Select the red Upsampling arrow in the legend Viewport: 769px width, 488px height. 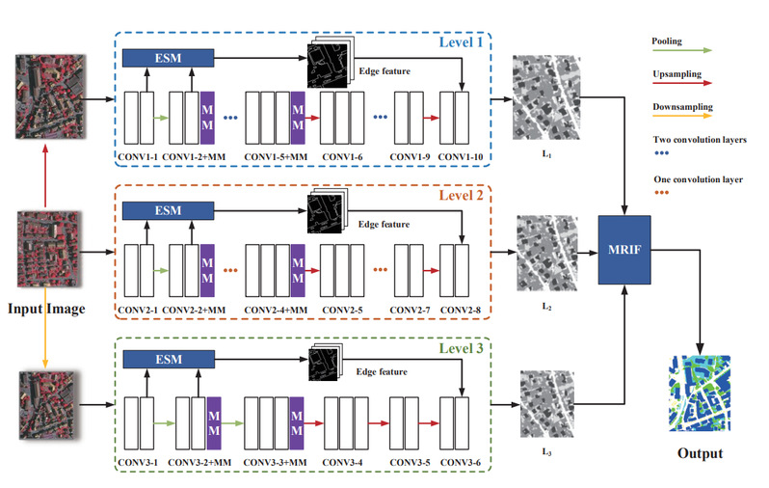pyautogui.click(x=685, y=88)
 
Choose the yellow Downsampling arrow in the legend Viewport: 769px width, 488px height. pyautogui.click(x=685, y=117)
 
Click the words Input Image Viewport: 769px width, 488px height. pyautogui.click(x=47, y=309)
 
